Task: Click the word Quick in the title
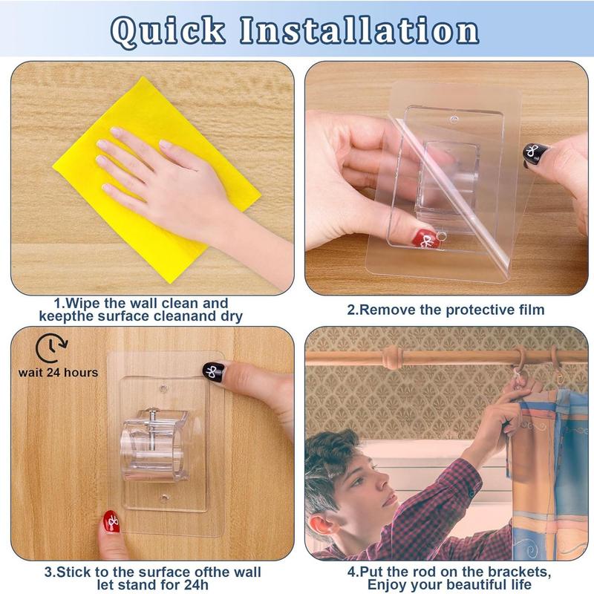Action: click(x=169, y=30)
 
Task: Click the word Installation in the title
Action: click(x=357, y=30)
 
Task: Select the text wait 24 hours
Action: click(x=58, y=371)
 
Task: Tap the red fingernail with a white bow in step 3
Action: click(x=111, y=522)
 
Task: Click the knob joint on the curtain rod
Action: click(x=391, y=359)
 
